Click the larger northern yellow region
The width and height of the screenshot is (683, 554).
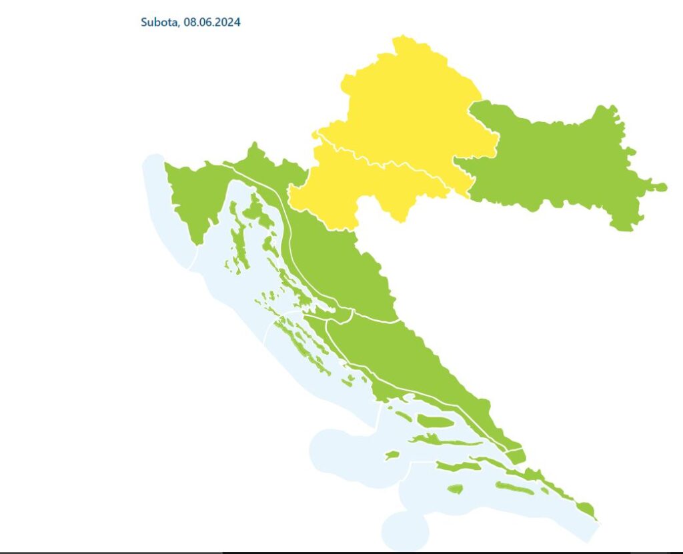[407, 107]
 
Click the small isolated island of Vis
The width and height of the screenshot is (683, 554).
[392, 455]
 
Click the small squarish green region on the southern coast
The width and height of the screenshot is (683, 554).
[516, 457]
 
